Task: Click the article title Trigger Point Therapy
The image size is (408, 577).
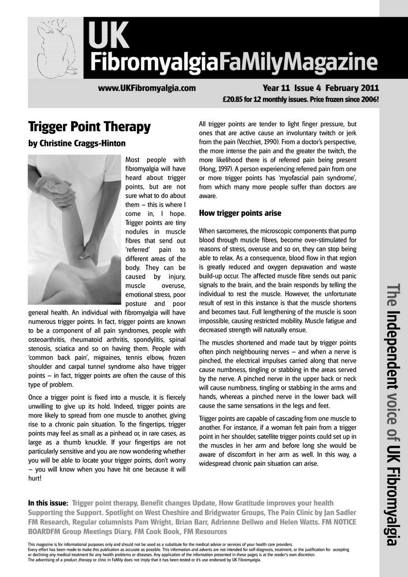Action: click(x=89, y=127)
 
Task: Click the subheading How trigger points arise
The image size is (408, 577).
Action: click(x=240, y=213)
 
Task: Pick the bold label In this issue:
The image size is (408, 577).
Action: click(x=48, y=503)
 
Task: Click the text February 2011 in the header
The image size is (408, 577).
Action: click(x=352, y=88)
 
